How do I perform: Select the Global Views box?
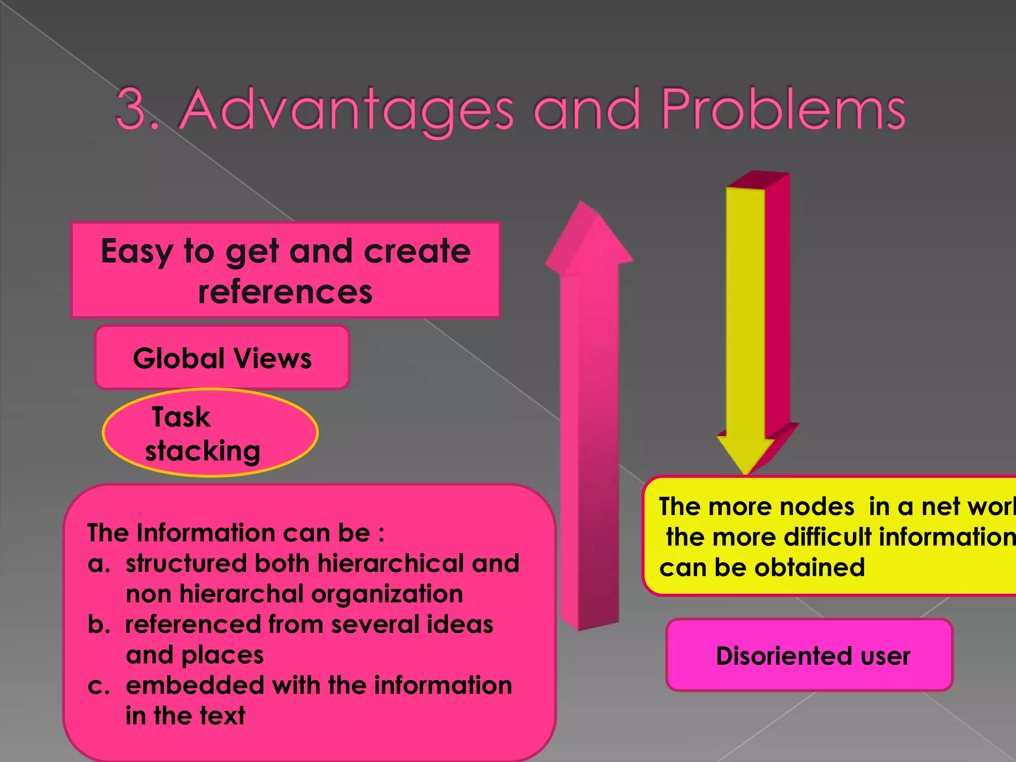(x=222, y=358)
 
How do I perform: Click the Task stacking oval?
(x=210, y=433)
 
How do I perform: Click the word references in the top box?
(x=285, y=292)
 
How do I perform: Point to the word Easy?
(x=136, y=252)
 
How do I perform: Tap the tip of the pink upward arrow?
(x=582, y=204)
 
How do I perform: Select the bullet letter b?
(x=98, y=625)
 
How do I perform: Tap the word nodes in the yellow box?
(x=817, y=507)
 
